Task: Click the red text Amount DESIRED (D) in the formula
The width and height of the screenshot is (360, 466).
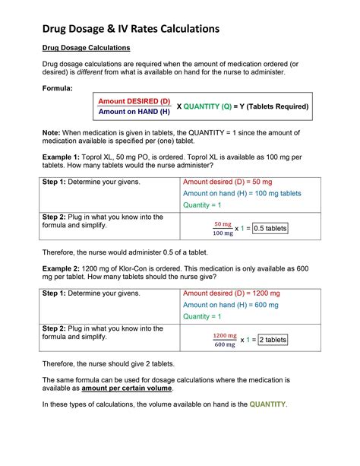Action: (134, 101)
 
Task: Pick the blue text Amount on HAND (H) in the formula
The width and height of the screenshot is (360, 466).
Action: (134, 113)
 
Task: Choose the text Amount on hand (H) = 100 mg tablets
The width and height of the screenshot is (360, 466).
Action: (242, 194)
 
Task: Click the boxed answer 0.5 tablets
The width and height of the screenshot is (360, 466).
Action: (270, 228)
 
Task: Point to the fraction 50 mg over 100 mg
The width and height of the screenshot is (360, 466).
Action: (223, 229)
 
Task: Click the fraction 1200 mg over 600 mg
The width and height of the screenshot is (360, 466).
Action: (225, 340)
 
